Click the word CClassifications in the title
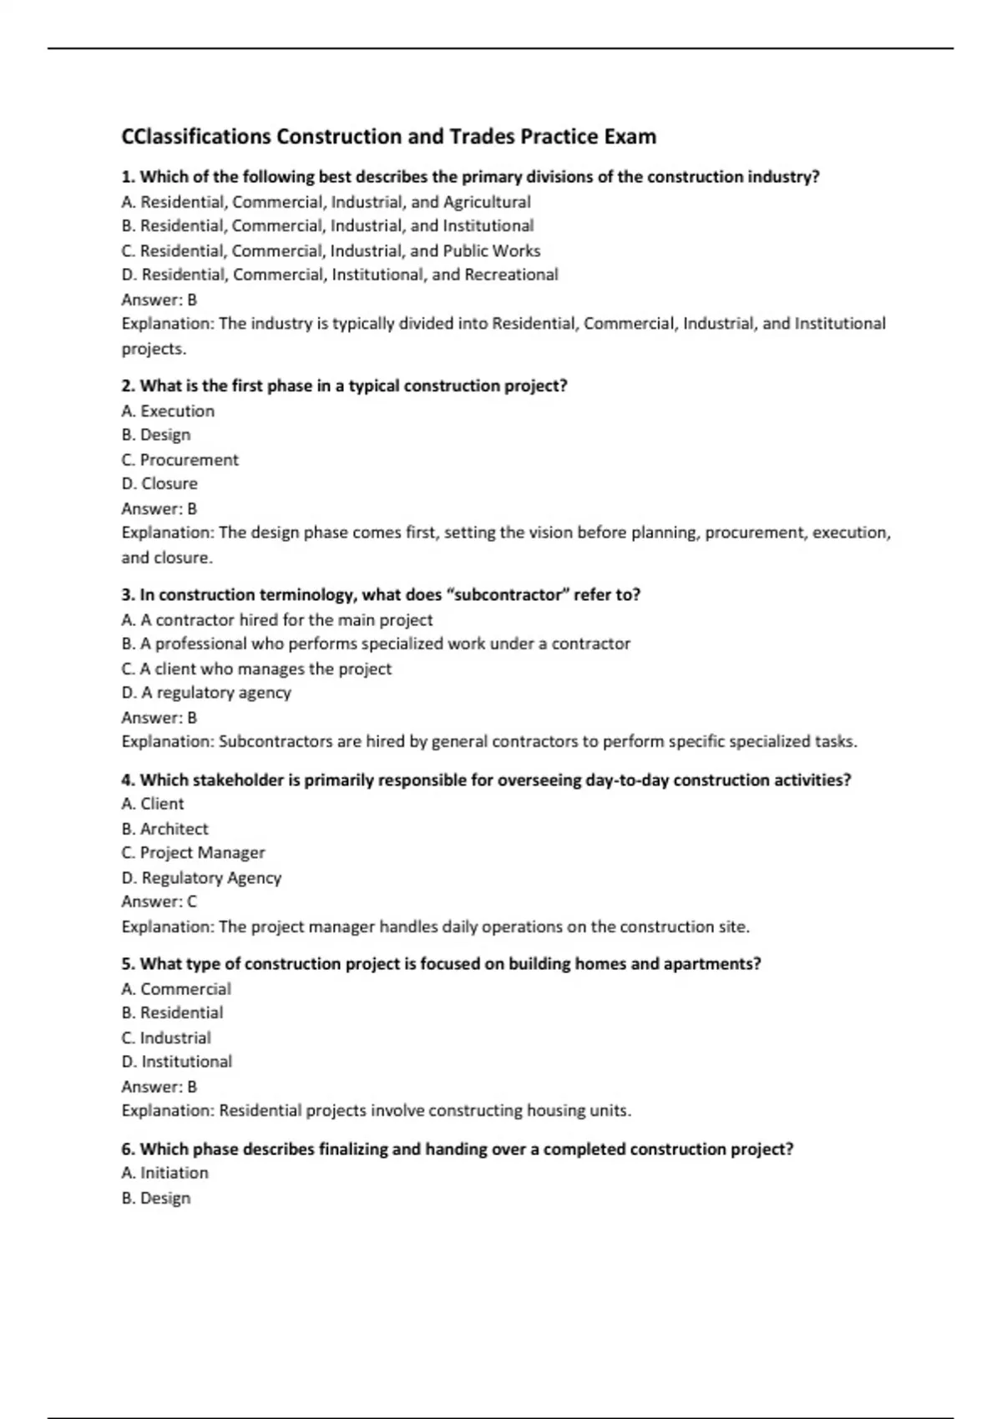point(196,137)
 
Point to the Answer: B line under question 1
point(159,300)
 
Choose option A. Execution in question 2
point(168,411)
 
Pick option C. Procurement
point(180,460)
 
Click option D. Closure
point(159,484)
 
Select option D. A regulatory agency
point(206,693)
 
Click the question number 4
point(128,780)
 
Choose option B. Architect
point(164,829)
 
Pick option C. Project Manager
point(193,853)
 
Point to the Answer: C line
point(159,901)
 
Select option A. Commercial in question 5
point(176,989)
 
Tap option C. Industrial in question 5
point(166,1038)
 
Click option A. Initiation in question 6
point(164,1173)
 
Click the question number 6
point(128,1149)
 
